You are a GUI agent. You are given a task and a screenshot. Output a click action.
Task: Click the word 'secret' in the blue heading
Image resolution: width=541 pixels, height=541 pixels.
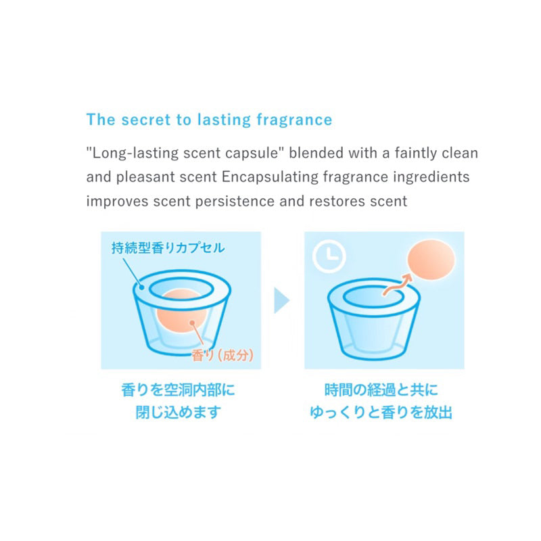146,120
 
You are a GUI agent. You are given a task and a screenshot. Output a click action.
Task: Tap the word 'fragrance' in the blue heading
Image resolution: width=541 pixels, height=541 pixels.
294,120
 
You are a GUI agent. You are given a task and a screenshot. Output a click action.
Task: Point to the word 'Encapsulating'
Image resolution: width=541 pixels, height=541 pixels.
270,177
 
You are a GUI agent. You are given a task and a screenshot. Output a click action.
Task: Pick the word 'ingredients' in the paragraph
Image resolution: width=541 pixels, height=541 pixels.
431,177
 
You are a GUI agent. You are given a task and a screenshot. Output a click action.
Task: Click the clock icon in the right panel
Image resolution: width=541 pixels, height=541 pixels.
329,256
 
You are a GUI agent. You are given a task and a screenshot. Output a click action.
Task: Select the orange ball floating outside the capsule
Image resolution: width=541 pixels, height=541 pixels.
431,260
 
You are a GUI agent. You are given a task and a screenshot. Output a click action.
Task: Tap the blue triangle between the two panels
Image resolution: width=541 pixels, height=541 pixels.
281,300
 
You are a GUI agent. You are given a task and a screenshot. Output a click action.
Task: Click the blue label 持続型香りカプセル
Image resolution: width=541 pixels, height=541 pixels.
168,248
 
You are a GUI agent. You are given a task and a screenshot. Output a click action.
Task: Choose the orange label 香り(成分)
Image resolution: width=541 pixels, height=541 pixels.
222,355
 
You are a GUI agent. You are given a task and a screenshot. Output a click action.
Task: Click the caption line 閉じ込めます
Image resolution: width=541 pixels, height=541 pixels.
178,412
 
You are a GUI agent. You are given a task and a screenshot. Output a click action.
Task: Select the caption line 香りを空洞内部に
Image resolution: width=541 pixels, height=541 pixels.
178,390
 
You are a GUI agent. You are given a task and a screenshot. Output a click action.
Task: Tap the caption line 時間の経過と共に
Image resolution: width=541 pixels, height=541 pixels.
381,390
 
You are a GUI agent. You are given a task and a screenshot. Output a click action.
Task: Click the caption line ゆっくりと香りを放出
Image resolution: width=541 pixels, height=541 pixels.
381,412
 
